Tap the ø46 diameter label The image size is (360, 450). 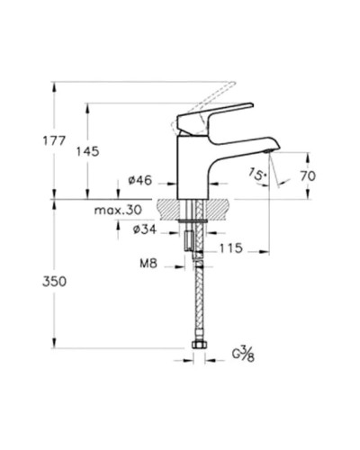click(x=139, y=180)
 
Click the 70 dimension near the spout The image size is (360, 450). click(x=307, y=177)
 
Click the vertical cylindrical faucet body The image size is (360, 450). click(x=193, y=166)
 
